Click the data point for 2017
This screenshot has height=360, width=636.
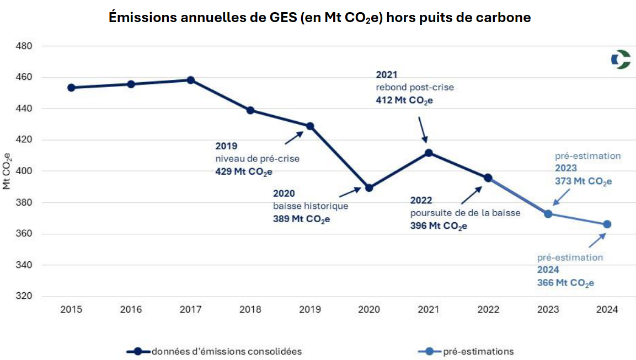(x=191, y=80)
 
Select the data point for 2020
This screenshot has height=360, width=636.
(x=369, y=188)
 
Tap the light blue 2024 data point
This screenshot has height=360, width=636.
(x=607, y=224)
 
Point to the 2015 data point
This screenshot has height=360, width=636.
(x=71, y=88)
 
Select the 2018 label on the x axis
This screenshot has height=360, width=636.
(x=250, y=310)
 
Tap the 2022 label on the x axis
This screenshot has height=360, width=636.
(x=488, y=310)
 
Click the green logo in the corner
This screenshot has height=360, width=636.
(x=621, y=60)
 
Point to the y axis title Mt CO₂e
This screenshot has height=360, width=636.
(x=7, y=170)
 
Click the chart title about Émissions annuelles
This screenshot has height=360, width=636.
(x=319, y=18)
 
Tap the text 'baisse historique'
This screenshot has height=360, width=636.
(x=311, y=206)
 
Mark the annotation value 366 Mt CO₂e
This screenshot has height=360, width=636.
(x=565, y=282)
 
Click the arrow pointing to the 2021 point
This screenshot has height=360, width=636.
(x=423, y=130)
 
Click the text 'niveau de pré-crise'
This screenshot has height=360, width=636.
(x=258, y=159)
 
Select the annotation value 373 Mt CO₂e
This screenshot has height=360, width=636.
(x=584, y=181)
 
